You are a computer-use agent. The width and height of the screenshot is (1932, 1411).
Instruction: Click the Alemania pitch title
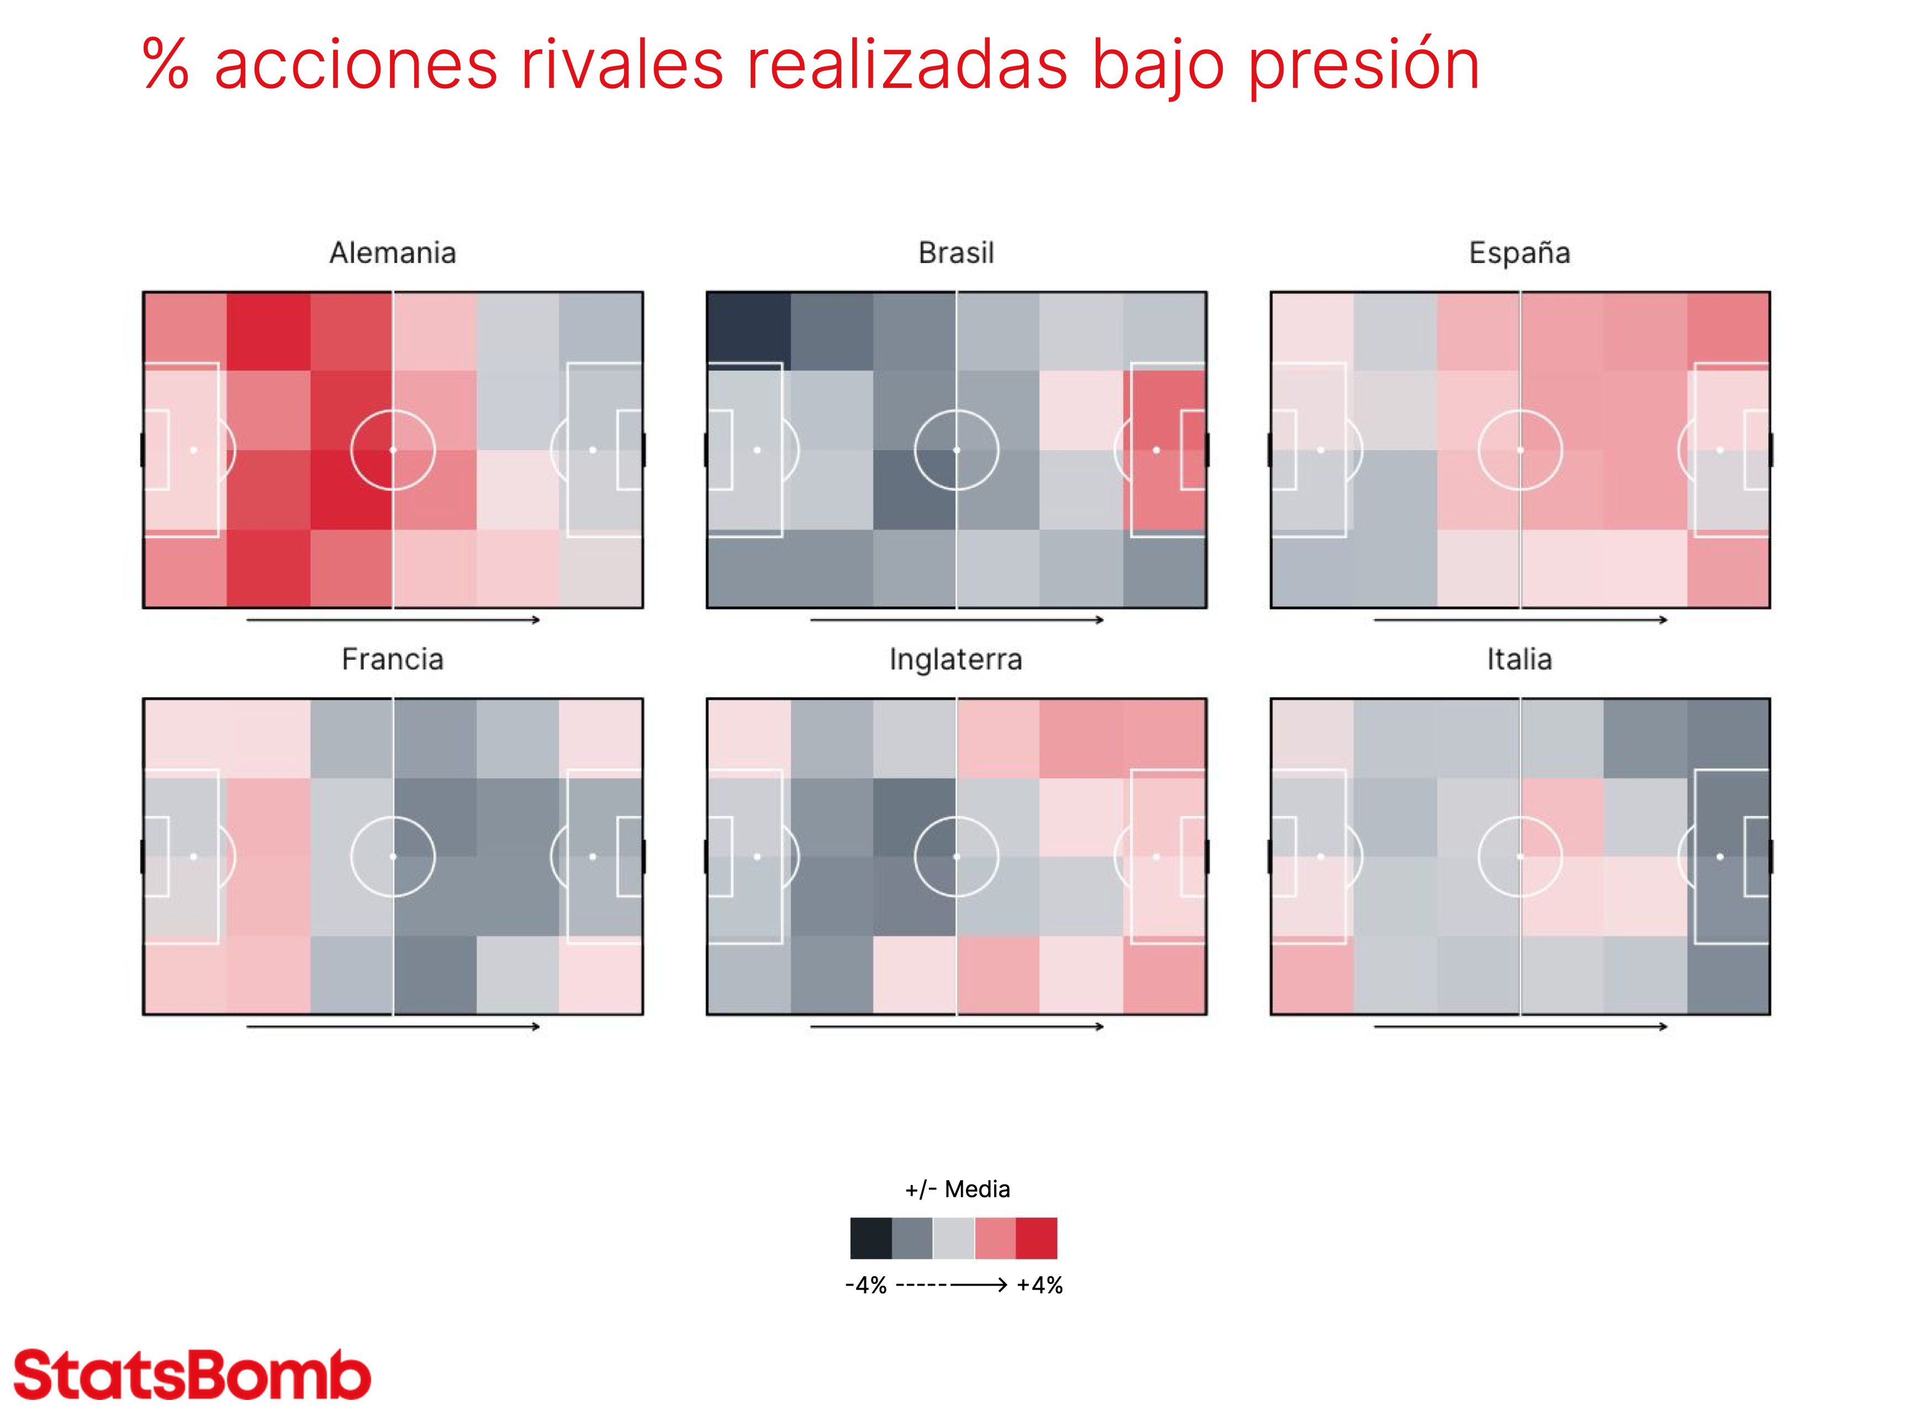pyautogui.click(x=393, y=253)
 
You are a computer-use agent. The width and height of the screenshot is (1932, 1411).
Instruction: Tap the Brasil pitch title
pyautogui.click(x=956, y=253)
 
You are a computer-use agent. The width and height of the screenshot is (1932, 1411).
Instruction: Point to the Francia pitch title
pyautogui.click(x=393, y=660)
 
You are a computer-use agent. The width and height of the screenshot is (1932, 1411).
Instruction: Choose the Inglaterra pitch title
pyautogui.click(x=956, y=660)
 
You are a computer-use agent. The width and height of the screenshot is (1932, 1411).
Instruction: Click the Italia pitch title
pyautogui.click(x=1519, y=660)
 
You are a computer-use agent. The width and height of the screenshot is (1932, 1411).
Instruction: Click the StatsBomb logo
pyautogui.click(x=192, y=1375)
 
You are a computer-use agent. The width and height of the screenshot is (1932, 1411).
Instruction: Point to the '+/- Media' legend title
pyautogui.click(x=957, y=1189)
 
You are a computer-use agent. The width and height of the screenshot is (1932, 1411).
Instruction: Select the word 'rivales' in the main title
pyautogui.click(x=622, y=65)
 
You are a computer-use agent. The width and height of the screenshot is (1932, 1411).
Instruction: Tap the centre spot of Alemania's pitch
pyautogui.click(x=393, y=450)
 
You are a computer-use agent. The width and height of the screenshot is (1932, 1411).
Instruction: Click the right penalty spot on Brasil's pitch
pyautogui.click(x=1157, y=450)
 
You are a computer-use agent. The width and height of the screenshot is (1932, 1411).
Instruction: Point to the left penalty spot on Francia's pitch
pyautogui.click(x=194, y=857)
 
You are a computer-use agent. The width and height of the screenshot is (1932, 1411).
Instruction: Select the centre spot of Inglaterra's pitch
pyautogui.click(x=956, y=857)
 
